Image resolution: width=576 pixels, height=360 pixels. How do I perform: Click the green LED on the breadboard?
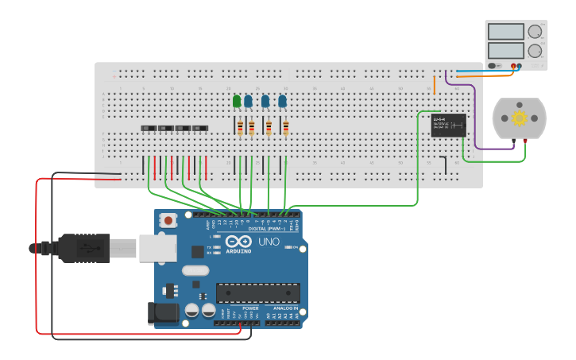[237, 101]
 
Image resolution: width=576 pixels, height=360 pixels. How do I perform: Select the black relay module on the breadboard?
[441, 125]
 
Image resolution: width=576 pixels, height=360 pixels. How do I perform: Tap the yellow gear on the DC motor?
[520, 118]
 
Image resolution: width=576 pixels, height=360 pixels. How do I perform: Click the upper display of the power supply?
[505, 32]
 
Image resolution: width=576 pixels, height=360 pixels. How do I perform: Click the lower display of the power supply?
[505, 51]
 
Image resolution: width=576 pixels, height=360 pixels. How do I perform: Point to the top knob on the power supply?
[535, 32]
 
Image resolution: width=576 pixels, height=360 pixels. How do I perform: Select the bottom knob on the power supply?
[535, 52]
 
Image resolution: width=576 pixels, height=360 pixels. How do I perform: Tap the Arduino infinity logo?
[236, 242]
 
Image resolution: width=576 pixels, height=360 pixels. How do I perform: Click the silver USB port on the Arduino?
[157, 247]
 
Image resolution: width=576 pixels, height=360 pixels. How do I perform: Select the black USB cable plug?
[83, 247]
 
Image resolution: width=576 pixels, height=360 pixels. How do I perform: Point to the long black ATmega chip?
[258, 292]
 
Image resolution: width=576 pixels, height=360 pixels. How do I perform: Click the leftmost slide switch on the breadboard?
[148, 128]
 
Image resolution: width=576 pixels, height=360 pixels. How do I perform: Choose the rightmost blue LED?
[283, 101]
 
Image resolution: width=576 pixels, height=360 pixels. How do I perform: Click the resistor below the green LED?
[240, 128]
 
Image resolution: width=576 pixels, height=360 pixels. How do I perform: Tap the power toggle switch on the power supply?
[494, 65]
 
